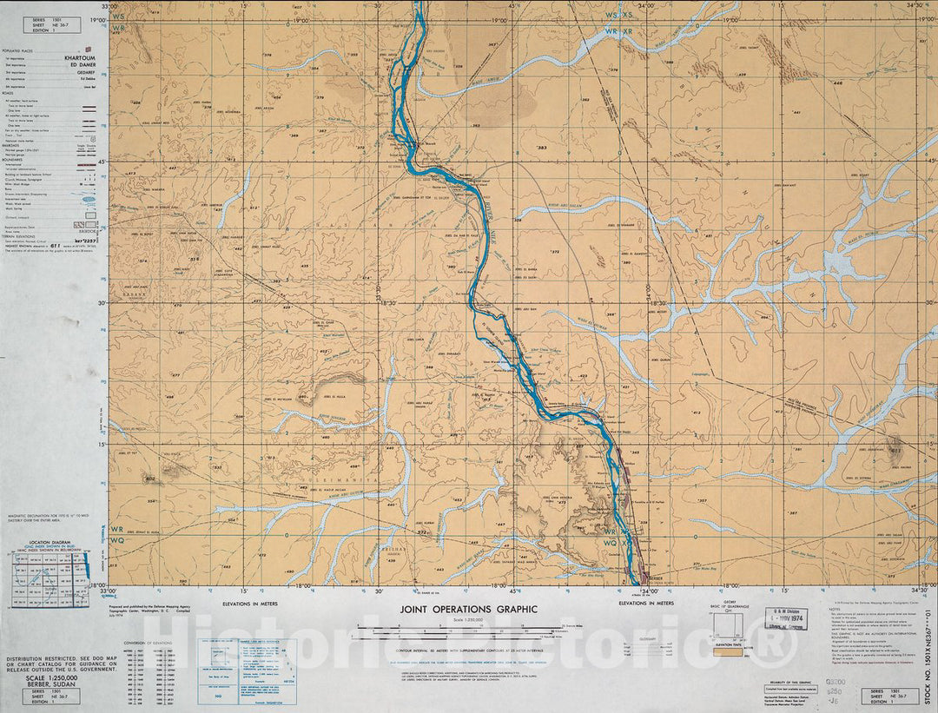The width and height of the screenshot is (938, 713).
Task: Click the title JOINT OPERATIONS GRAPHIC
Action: (468, 610)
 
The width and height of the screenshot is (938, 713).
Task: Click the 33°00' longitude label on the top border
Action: (109, 6)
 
